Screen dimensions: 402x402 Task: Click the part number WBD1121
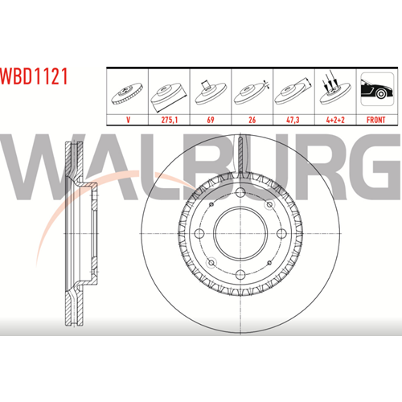point(34,76)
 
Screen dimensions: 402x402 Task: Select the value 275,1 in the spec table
point(170,120)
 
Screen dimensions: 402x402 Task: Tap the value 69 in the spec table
point(211,120)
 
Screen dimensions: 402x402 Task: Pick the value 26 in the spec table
point(252,120)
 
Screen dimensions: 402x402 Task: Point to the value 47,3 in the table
point(293,120)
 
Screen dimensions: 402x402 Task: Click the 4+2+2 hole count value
point(335,120)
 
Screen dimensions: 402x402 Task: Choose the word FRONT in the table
point(376,120)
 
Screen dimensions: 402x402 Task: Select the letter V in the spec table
point(128,120)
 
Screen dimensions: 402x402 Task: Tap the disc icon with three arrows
point(335,90)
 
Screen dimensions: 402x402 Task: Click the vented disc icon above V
point(127,94)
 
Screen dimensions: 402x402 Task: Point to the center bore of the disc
point(240,234)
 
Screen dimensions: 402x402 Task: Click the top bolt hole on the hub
point(240,192)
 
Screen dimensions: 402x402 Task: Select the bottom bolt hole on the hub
point(240,274)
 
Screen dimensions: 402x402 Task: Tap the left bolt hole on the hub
point(199,233)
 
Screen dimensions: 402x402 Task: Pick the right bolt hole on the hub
point(281,233)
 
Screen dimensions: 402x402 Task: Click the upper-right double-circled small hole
point(269,205)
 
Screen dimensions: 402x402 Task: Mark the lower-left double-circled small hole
point(211,262)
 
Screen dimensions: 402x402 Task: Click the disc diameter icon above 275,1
point(169,97)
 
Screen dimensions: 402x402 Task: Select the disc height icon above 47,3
point(293,91)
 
